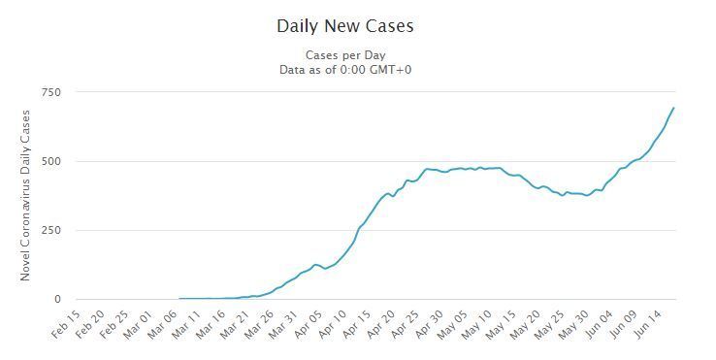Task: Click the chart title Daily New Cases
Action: [x=345, y=25]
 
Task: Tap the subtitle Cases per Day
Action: [x=345, y=55]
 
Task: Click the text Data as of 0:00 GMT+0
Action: [x=345, y=70]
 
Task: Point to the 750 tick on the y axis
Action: [x=50, y=92]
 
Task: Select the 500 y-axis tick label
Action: [x=50, y=161]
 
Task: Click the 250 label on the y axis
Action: [x=50, y=230]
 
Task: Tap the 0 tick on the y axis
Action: [x=57, y=299]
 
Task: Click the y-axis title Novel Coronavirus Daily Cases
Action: [x=25, y=196]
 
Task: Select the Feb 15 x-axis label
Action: [x=65, y=324]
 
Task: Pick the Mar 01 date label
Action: [x=138, y=324]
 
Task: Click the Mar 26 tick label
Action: [x=258, y=324]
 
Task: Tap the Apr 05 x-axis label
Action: [x=308, y=324]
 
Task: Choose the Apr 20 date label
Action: [x=380, y=324]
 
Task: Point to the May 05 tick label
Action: [x=452, y=324]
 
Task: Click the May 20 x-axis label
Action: [x=525, y=324]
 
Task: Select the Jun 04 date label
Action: [x=598, y=324]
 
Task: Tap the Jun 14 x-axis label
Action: [x=646, y=324]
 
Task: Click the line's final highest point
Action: [x=674, y=108]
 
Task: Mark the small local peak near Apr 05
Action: [x=315, y=265]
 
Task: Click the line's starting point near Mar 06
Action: [x=179, y=298]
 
